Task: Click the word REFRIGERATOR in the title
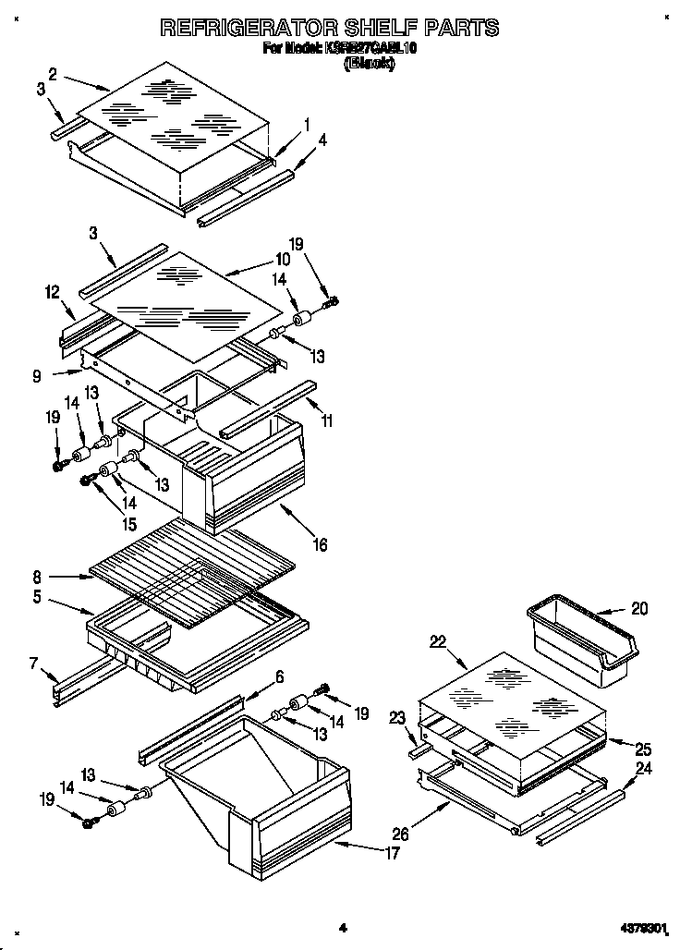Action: (248, 28)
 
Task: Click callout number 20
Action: (639, 608)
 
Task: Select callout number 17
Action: (392, 853)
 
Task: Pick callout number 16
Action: (320, 545)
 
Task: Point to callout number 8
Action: (38, 574)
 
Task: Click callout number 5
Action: (38, 598)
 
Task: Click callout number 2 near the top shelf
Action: (53, 74)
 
